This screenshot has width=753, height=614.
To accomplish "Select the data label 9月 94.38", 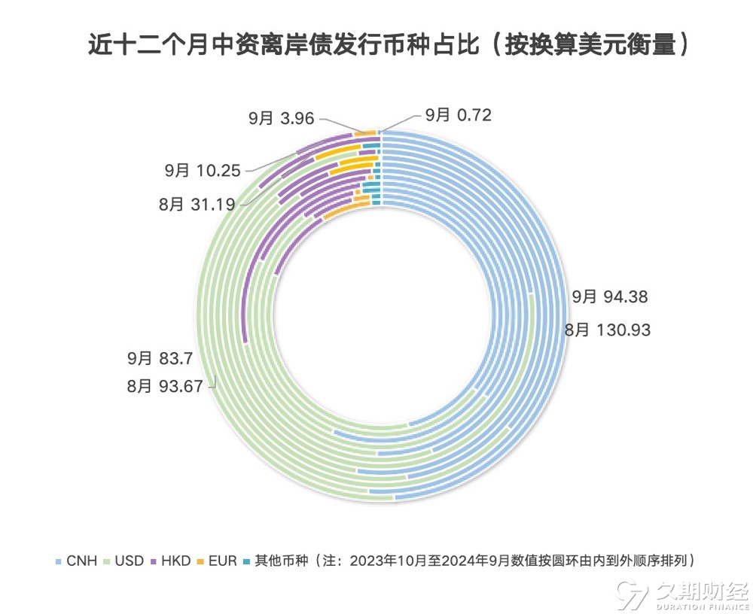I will coord(609,297).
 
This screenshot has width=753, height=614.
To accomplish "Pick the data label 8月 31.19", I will coord(197,204).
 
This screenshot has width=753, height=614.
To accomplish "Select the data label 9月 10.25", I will coord(203,171).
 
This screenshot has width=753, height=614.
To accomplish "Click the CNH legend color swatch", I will coord(58,561).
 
